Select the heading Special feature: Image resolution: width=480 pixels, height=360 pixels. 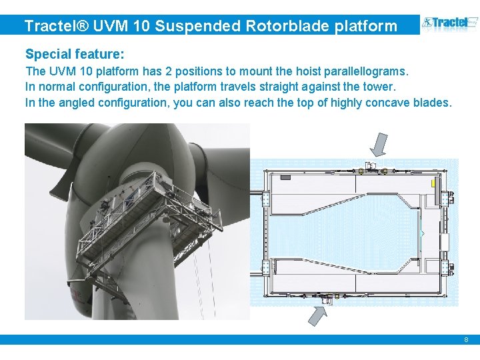pos(75,53)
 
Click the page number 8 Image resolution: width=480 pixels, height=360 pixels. pos(467,340)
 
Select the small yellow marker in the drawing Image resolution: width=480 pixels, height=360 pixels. pos(433,182)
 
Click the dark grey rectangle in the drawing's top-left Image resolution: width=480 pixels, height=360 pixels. pos(285,177)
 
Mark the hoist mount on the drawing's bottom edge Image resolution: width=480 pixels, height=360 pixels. pos(326,298)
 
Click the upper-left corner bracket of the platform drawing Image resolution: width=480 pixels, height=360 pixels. pos(266,199)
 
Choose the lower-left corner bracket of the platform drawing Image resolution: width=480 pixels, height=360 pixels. pos(266,268)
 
